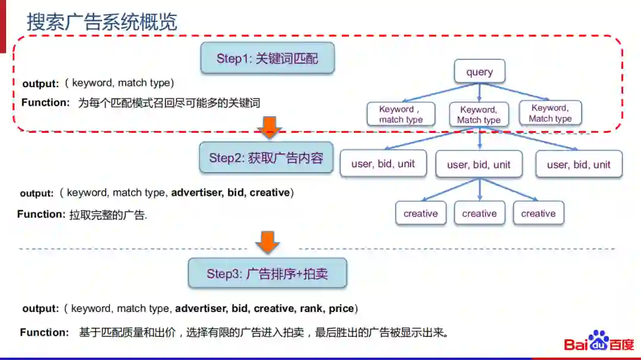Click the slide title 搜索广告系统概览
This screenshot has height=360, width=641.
point(101,23)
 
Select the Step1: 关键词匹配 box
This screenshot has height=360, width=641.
point(267,58)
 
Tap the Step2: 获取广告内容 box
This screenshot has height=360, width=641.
point(266,158)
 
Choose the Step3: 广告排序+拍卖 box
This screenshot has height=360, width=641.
point(267,273)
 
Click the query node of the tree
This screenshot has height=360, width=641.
point(480,72)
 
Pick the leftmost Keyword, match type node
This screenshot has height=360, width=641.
point(401,114)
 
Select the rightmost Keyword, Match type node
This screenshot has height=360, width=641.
point(550,113)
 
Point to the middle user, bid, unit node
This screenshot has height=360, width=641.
point(479,165)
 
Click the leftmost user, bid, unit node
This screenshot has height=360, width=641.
point(383,164)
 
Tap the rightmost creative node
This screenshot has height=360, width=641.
point(538,214)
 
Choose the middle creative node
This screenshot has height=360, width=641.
point(480,214)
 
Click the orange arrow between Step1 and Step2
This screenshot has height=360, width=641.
point(269,126)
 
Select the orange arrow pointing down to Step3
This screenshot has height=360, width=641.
point(268,242)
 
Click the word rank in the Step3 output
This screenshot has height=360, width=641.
point(311,308)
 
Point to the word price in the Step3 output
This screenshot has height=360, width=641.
point(341,308)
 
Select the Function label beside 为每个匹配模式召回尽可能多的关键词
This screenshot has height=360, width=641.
point(46,103)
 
